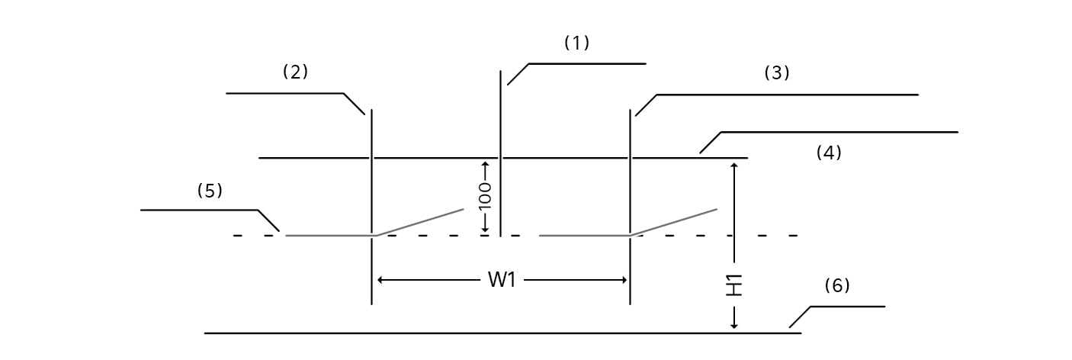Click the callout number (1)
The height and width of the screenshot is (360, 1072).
tap(576, 43)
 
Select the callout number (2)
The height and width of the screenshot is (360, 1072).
tap(295, 72)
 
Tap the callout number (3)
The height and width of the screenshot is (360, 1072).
tap(777, 73)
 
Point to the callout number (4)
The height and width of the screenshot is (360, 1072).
tap(829, 153)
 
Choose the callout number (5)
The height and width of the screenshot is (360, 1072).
tap(210, 191)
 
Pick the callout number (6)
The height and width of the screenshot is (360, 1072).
tap(836, 285)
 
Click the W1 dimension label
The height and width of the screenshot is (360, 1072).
tap(502, 280)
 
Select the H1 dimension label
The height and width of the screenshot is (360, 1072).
tap(734, 285)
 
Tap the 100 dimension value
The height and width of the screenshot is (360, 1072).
tap(485, 196)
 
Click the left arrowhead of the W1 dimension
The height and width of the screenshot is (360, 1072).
tap(381, 280)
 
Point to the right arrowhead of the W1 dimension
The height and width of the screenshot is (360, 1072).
tap(623, 280)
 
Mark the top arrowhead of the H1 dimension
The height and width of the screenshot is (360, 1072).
tap(734, 166)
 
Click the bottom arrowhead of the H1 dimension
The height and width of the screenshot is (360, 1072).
tap(734, 326)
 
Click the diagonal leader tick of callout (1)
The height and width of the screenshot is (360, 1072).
tap(518, 74)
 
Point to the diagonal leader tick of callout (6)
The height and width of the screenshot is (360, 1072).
tap(799, 317)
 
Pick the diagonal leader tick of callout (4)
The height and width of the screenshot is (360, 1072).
tap(710, 143)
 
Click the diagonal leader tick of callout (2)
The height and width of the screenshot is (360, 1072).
tap(354, 104)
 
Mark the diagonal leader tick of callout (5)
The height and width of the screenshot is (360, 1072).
tap(269, 220)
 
